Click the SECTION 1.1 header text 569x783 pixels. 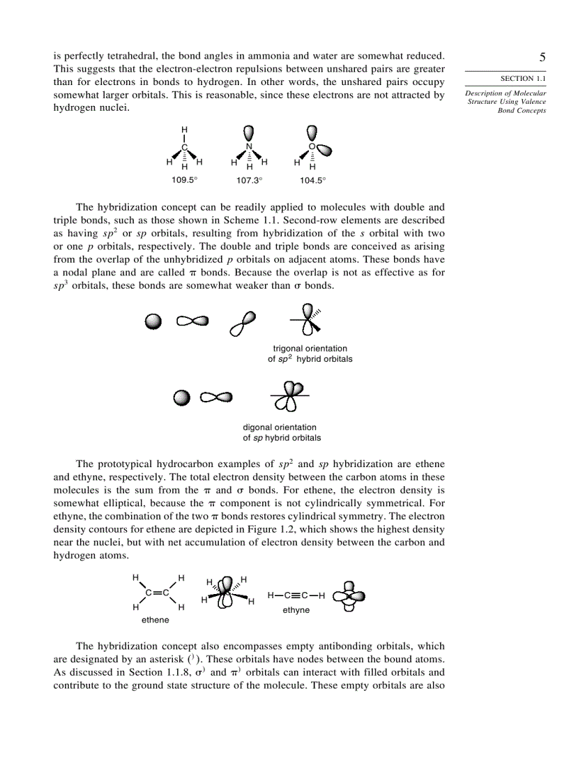pos(522,79)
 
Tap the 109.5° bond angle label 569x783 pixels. pos(184,180)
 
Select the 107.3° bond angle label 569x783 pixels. pos(249,180)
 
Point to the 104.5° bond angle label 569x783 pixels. pos(313,180)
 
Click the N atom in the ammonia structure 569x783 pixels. pos(249,146)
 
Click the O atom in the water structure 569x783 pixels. pos(312,146)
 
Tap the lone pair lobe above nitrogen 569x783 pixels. pos(249,132)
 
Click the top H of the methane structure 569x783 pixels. pos(184,130)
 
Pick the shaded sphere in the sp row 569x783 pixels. pos(181,397)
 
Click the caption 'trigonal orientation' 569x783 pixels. pos(310,349)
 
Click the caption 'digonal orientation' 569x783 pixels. pos(280,427)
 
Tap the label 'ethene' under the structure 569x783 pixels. pos(155,620)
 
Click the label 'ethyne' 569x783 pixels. pos(296,610)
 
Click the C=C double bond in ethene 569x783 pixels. pos(158,593)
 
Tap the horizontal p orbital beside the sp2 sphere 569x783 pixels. pos(192,321)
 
